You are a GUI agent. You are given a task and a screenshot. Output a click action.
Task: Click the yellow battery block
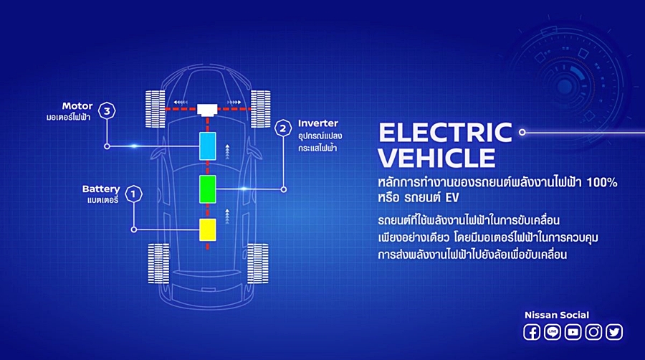pos(208,229)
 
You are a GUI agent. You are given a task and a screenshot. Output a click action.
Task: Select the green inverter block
pos(208,189)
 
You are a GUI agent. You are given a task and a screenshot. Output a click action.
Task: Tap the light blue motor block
pos(208,146)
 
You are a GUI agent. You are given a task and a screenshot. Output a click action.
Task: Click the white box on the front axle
pos(207,110)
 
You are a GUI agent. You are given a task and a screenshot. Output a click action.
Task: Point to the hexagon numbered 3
pos(107,110)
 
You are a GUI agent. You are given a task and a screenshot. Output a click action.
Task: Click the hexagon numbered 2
pos(283,128)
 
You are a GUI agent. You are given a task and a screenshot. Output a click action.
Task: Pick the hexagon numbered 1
pos(133,194)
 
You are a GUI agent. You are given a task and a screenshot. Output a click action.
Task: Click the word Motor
pos(77,106)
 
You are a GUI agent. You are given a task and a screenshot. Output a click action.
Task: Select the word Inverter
pos(318,123)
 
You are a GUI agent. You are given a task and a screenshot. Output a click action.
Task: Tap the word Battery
pos(101,189)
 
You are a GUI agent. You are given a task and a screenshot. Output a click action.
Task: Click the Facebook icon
pos(532,332)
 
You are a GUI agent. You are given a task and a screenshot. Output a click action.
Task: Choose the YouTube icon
pos(573,332)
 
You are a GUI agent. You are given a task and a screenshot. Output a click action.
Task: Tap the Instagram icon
pos(593,332)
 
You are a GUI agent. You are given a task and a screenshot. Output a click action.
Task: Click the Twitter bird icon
pos(613,332)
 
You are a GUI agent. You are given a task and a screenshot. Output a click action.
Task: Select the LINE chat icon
pos(552,332)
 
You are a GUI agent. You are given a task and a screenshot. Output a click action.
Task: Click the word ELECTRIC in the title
pos(445,133)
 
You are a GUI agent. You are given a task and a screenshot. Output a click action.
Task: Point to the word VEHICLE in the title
pos(436,158)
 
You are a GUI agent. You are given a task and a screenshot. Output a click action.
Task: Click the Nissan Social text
pos(557,315)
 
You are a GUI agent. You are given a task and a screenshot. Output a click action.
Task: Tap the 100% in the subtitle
pos(602,182)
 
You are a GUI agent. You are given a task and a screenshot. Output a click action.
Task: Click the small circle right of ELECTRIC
pos(522,132)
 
